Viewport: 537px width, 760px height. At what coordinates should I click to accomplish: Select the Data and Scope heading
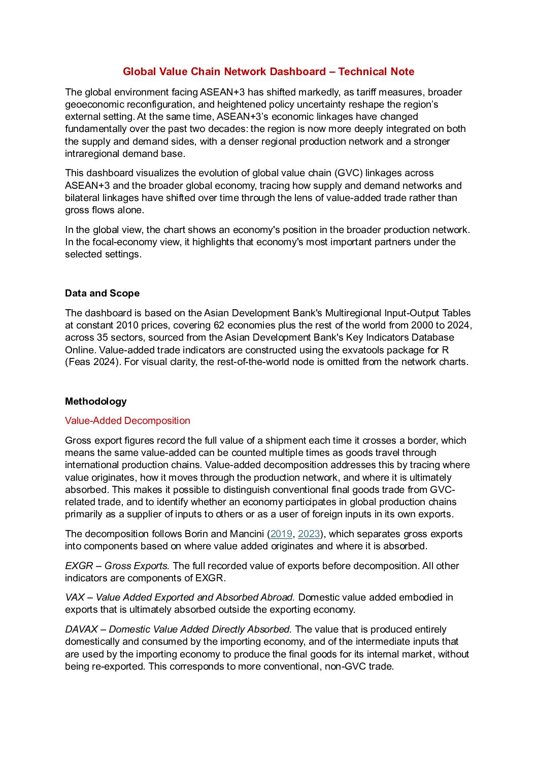coord(102,293)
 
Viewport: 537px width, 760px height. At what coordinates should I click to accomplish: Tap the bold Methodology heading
coord(95,402)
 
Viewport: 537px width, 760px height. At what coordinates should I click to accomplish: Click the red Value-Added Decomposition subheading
coord(127,421)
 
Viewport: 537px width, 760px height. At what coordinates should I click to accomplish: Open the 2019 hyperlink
coord(281,534)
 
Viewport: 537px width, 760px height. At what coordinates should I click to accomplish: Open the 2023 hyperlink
coord(309,534)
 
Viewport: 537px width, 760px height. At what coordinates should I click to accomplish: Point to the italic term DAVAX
coord(81,630)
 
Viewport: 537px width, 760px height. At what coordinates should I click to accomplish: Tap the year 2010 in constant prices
coord(127,325)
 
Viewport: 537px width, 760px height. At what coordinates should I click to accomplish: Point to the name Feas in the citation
coord(80,362)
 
